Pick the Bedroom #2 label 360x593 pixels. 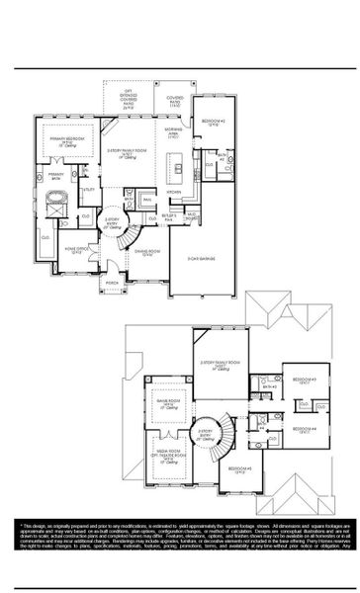click(215, 122)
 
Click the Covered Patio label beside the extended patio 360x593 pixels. click(175, 100)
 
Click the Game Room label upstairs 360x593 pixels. click(162, 401)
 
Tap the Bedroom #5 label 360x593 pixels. click(238, 468)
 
